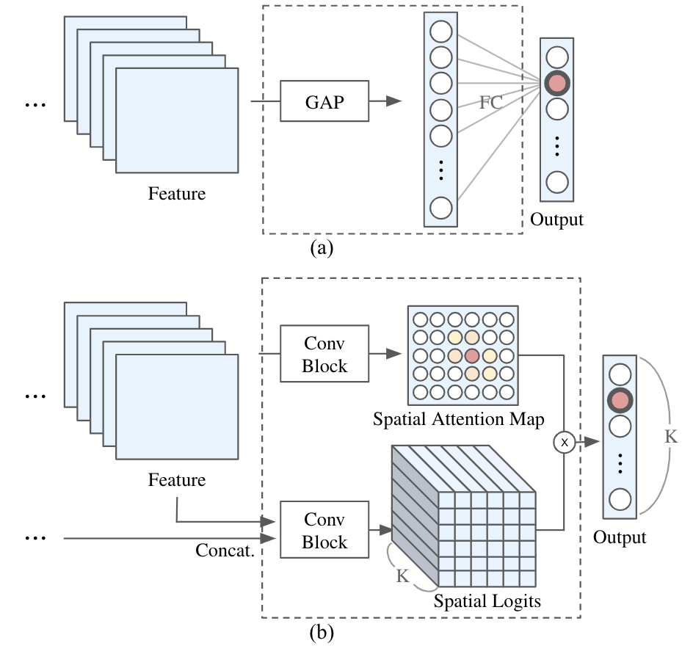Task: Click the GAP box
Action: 324,102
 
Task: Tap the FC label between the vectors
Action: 491,103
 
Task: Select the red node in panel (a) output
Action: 557,83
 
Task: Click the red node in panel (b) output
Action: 620,401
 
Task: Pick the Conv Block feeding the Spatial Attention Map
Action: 324,355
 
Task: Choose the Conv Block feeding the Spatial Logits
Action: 324,531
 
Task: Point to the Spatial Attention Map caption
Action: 458,419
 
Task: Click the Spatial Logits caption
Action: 487,601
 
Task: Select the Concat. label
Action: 225,551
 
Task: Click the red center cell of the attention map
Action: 472,355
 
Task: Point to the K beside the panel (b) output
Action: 671,436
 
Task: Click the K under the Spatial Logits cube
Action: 402,576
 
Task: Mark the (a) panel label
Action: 322,249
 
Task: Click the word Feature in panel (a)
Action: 177,195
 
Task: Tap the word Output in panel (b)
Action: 620,537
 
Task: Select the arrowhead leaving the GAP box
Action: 393,102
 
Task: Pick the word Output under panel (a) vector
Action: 557,219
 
